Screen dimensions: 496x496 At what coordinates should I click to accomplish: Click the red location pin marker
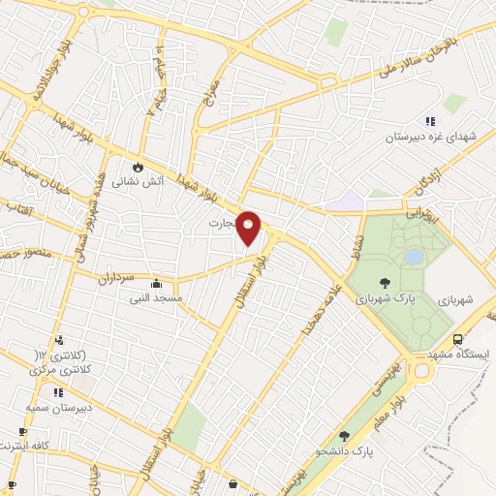point(249,227)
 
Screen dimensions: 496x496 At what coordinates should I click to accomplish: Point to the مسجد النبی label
point(155,298)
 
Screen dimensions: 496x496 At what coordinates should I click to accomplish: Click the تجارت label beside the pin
point(222,223)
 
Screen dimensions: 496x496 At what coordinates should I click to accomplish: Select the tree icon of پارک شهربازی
point(385,284)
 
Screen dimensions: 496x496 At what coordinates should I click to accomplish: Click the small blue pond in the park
point(415,257)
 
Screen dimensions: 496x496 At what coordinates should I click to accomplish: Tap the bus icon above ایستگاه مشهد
point(457,340)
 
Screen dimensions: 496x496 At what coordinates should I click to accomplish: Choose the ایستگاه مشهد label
point(460,355)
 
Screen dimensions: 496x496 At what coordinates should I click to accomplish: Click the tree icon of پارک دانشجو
point(345,436)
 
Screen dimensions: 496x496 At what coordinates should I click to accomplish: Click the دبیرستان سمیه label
point(58,408)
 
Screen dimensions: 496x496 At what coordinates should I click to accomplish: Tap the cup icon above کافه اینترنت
point(23,431)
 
